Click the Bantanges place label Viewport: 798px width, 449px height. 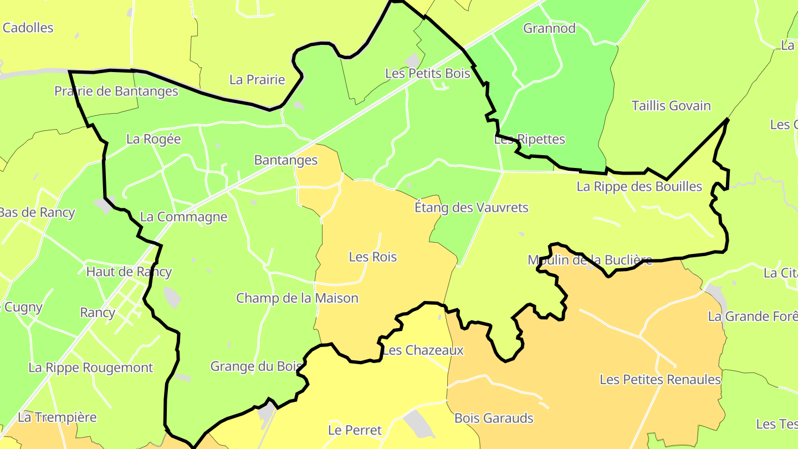coord(285,160)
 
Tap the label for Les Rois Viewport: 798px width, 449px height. coord(373,257)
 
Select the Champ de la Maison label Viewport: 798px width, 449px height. coord(297,298)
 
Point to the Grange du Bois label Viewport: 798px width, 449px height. coord(256,366)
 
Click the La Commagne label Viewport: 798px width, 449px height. coord(183,217)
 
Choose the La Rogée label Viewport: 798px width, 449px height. coord(154,139)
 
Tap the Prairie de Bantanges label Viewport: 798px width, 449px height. coord(116,91)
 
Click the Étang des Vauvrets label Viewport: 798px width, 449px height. coord(471,208)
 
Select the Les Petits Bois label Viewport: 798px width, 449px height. coord(427,73)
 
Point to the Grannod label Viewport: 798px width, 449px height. coord(549,28)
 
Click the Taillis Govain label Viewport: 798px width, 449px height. coord(671,106)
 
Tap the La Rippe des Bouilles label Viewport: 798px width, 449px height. coord(639,186)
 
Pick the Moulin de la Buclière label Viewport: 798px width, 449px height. coord(590,260)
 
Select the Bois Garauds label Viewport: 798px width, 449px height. coord(493,419)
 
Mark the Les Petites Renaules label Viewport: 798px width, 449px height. coord(660,380)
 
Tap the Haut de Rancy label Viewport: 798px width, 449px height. coord(129,272)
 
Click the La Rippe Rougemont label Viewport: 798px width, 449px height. coord(91,368)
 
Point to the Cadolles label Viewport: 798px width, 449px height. coord(28,28)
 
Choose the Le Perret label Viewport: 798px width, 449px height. coord(355,430)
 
